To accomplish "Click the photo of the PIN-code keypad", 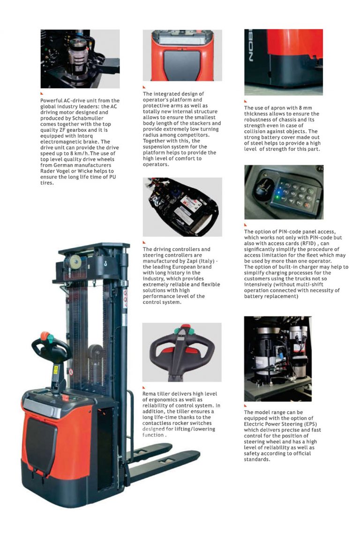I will tap(284, 192).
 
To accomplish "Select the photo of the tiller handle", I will tap(182, 352).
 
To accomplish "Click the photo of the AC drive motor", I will tap(80, 59).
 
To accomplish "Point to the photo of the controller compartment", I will tap(182, 207).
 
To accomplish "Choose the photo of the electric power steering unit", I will tap(278, 359).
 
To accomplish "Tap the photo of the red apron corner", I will tap(284, 62).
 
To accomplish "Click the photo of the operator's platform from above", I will tap(182, 55).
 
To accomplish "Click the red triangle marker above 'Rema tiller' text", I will tap(144, 387).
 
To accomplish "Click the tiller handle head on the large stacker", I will tap(49, 346).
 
